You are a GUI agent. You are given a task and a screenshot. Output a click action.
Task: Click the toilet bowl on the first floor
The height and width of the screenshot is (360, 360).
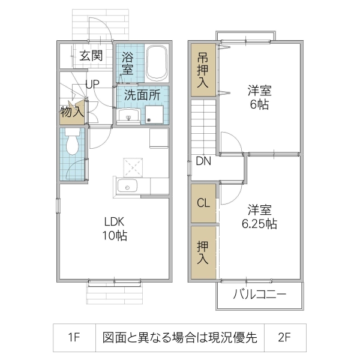[73, 144]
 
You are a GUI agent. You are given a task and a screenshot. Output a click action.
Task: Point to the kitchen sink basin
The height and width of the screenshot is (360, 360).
[127, 187]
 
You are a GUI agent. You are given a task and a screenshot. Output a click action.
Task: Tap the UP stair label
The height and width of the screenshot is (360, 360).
[92, 85]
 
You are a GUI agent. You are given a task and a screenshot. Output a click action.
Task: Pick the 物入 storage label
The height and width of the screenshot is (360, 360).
[71, 112]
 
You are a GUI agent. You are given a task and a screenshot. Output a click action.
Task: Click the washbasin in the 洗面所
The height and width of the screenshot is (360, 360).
[128, 115]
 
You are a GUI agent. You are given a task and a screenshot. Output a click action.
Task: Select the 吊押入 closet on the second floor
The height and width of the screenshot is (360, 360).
[203, 70]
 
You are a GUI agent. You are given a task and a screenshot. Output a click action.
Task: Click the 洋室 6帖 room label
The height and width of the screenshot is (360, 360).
[260, 98]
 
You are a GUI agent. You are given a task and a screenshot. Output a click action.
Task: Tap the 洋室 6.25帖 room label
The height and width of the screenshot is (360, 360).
[260, 217]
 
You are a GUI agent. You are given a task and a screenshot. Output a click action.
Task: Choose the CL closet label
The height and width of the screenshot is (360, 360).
[203, 203]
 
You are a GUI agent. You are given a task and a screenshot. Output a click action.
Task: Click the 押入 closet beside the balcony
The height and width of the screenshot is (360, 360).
[203, 253]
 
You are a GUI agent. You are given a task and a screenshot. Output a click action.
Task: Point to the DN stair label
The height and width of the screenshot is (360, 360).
[203, 161]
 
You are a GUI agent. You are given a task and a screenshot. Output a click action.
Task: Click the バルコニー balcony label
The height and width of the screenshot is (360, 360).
[259, 296]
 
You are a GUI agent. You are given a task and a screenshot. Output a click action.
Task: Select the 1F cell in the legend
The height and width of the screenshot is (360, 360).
[74, 337]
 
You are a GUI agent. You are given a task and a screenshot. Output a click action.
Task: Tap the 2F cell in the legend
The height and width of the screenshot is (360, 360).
[284, 337]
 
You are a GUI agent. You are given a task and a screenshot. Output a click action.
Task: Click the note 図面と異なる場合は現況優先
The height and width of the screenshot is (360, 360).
[179, 337]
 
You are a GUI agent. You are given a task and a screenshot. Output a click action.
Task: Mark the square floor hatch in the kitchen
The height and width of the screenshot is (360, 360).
[133, 166]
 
